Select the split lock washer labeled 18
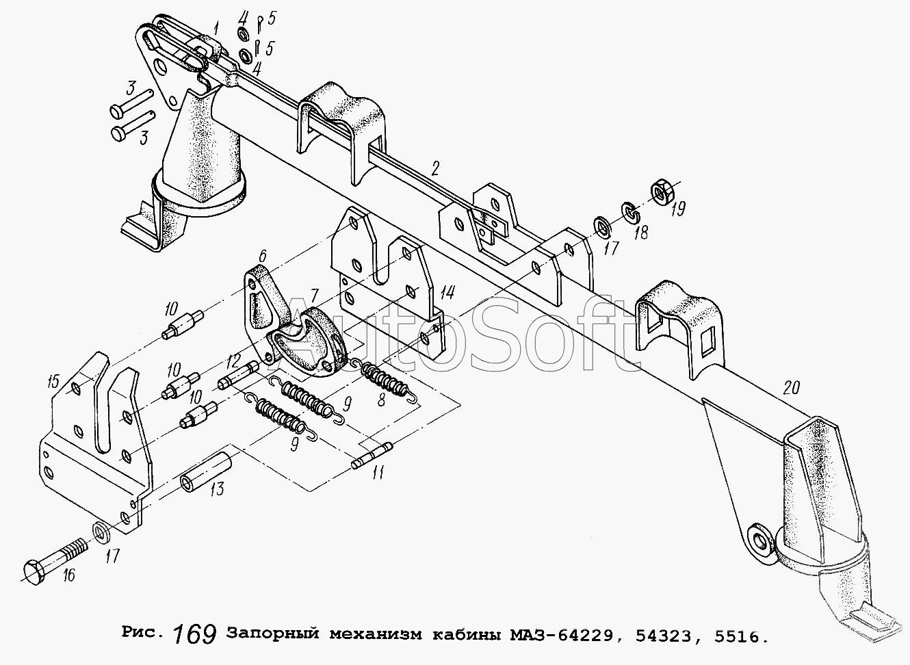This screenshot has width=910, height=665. (x=631, y=213)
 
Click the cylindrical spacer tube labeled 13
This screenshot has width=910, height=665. (x=206, y=471)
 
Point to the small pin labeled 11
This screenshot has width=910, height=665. (x=372, y=456)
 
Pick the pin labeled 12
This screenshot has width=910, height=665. (x=238, y=376)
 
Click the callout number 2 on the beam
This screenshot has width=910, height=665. (x=435, y=168)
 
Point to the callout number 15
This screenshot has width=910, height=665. (x=53, y=381)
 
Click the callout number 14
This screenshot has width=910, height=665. (x=447, y=293)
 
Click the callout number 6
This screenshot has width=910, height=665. (x=262, y=256)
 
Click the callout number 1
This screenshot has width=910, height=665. (x=216, y=29)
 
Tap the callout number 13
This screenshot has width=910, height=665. (x=218, y=489)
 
